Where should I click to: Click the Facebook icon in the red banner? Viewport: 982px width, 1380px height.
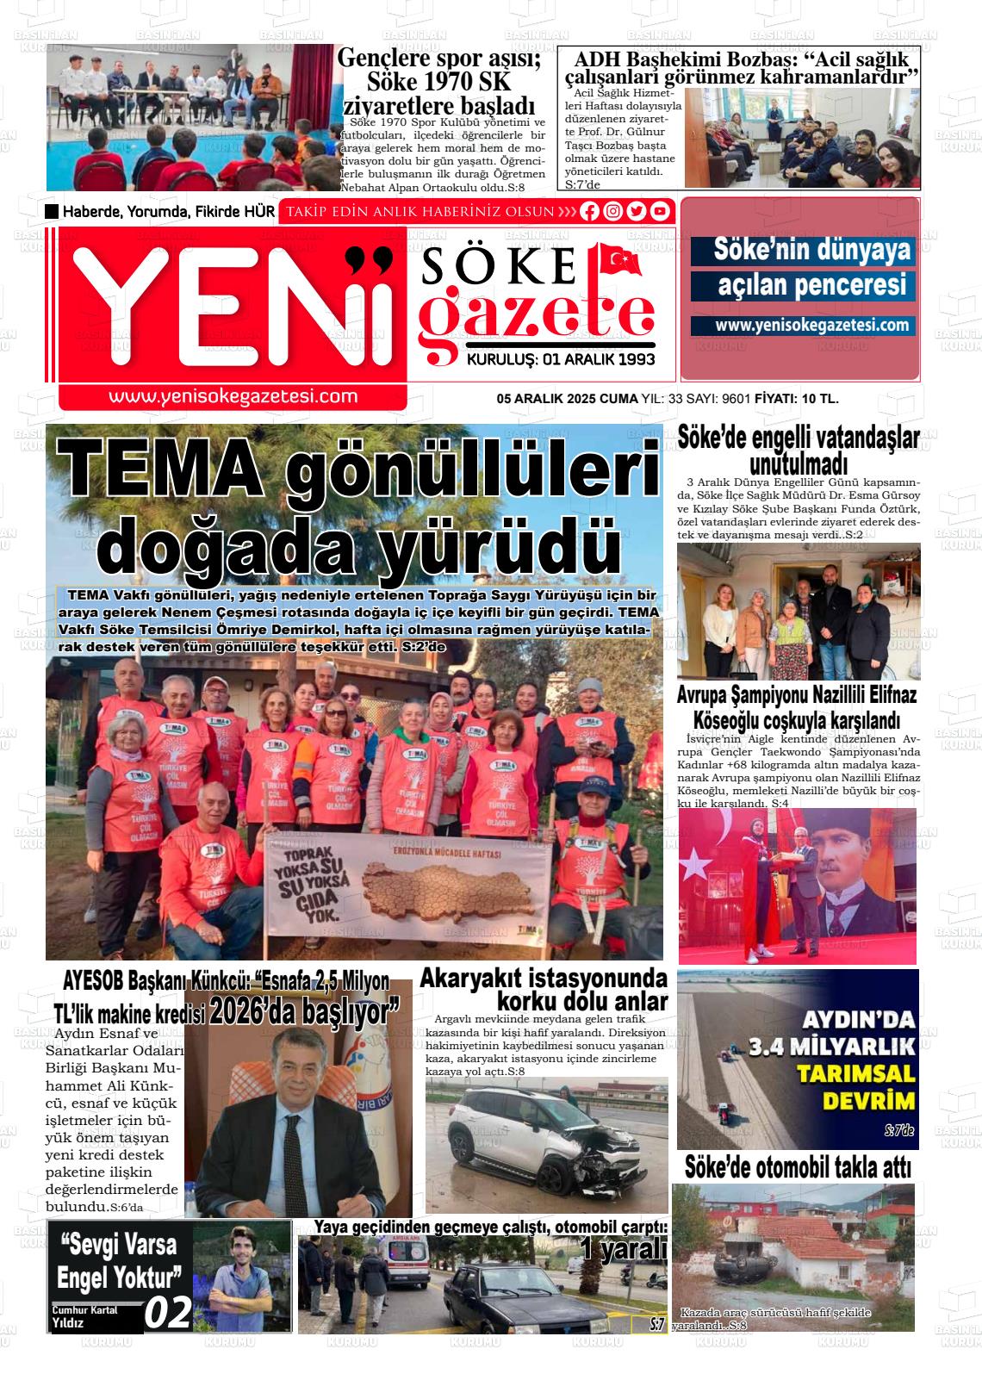coord(590,211)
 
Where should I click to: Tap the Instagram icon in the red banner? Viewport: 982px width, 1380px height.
coord(613,211)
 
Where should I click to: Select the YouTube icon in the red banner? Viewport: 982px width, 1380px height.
coord(660,211)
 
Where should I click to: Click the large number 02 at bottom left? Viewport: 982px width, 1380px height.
coord(167,1313)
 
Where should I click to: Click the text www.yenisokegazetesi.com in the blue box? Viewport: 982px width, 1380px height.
coord(803,326)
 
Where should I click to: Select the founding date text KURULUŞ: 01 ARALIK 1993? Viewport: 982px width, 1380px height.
coord(560,359)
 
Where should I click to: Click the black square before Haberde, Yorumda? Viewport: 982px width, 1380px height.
coord(52,212)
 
